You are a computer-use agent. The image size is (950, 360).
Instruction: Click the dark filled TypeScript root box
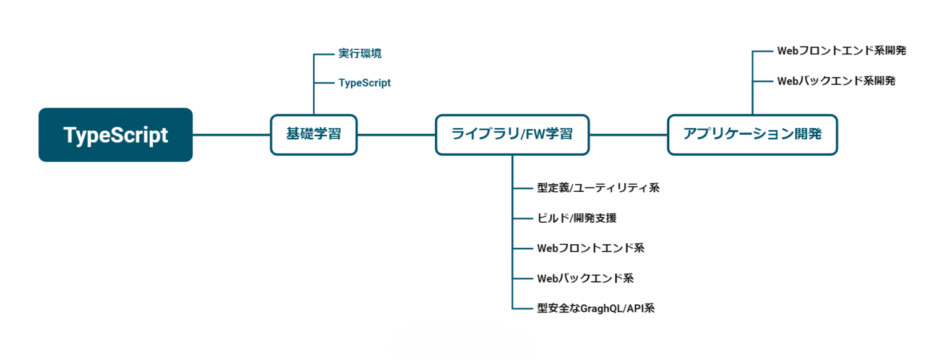coord(116,135)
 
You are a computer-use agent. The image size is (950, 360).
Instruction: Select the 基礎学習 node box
coord(314,135)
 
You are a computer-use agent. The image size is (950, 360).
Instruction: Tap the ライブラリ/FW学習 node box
coord(512,135)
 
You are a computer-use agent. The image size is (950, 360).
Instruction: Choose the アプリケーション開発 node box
coord(752,135)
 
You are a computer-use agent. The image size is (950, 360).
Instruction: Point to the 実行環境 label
coord(360,54)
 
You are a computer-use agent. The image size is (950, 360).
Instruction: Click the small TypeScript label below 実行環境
coord(364,83)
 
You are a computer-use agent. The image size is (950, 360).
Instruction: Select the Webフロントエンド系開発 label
coord(841,51)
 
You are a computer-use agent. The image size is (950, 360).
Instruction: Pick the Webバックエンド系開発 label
coord(836,81)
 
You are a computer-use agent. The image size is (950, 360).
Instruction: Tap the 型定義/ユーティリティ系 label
coord(598,188)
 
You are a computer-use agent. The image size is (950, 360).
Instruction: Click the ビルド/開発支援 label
coord(576,218)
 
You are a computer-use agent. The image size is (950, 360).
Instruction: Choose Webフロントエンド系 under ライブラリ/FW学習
coord(591,248)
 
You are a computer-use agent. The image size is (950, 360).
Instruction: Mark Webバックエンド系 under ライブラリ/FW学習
coord(585,278)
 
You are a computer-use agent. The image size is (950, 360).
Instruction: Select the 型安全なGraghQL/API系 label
coord(596,308)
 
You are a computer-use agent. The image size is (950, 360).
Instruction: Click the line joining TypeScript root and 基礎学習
coord(231,135)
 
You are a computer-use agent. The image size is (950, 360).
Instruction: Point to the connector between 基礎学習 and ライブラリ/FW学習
coord(396,135)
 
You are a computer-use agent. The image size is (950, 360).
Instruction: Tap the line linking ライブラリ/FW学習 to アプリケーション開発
coord(628,135)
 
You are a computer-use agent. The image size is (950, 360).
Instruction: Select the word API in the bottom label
coord(635,308)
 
